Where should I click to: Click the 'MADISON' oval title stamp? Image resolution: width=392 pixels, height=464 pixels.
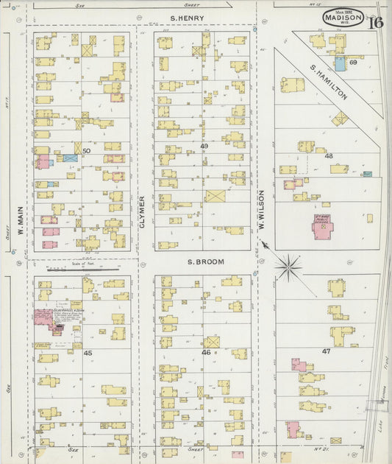[343, 18]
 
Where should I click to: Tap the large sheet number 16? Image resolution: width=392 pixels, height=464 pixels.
[375, 21]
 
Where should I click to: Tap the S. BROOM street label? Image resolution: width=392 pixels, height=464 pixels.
[199, 261]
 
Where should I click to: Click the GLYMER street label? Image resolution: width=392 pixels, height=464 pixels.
[143, 208]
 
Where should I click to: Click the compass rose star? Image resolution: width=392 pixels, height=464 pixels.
[288, 266]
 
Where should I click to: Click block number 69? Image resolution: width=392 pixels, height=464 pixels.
[353, 63]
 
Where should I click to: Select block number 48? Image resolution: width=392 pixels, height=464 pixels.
[328, 155]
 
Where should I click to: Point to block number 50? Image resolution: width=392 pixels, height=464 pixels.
[87, 151]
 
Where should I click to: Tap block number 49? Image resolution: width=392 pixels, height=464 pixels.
[204, 147]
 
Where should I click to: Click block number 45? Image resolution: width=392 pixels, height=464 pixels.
[88, 353]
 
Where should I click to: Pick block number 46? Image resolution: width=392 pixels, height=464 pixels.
[206, 353]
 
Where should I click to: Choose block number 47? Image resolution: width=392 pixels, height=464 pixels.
[327, 352]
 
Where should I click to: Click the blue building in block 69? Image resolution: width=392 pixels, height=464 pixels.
[340, 63]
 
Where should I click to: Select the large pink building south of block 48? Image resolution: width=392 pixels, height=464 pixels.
[322, 227]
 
